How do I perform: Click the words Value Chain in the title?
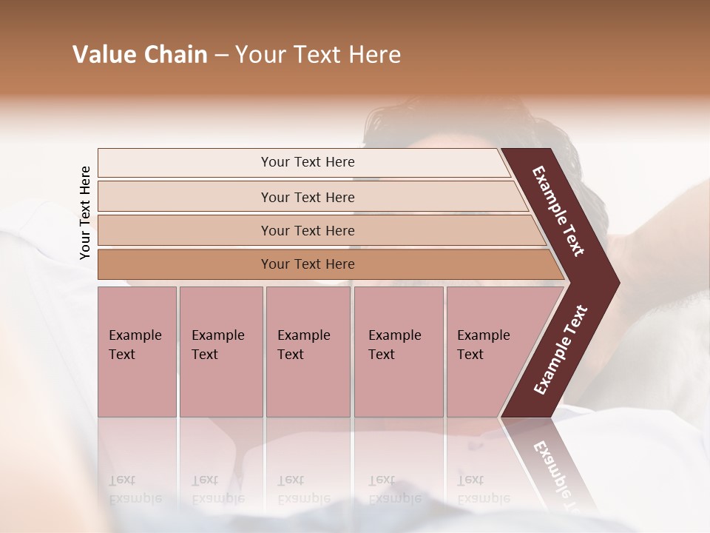click(140, 55)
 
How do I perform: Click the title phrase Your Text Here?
click(318, 55)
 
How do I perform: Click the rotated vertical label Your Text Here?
click(85, 212)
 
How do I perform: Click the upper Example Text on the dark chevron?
click(558, 211)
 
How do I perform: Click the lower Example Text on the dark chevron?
click(560, 350)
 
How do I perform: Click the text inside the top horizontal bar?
click(308, 162)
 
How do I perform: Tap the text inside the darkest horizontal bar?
click(308, 264)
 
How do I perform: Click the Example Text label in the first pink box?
click(135, 345)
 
